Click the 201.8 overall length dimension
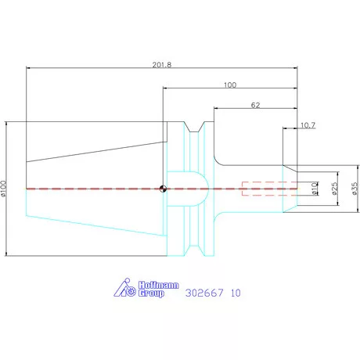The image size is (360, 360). pos(162,65)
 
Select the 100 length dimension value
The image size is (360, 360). pos(230,85)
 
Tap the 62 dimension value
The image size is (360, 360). pos(255,105)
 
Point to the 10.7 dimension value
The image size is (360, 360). pos(308,125)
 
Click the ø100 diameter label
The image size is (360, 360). pos(3,189)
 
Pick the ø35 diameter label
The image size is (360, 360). pos(355,189)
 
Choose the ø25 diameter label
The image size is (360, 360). pos(335,189)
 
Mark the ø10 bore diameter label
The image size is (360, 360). pos(315,189)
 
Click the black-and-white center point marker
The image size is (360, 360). pos(163,189)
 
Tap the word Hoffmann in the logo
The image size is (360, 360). pos(159,285)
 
